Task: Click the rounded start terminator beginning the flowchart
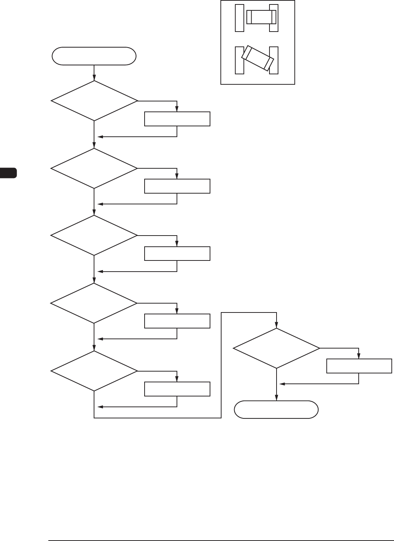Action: (94, 56)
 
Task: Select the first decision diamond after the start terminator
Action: (94, 101)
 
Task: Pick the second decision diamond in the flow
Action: (94, 168)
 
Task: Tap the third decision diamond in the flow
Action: (94, 236)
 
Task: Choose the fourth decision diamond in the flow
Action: (94, 303)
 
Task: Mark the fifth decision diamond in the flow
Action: (94, 371)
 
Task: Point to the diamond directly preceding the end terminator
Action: (276, 348)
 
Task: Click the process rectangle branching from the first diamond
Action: (177, 119)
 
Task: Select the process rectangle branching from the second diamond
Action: (177, 186)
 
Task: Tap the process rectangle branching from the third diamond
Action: (177, 254)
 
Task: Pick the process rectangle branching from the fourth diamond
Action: (177, 321)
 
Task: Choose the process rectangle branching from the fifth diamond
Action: (177, 389)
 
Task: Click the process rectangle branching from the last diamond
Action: (359, 366)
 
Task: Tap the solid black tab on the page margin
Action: (8, 173)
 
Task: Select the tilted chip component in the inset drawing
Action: (258, 58)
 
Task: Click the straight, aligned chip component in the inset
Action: (261, 17)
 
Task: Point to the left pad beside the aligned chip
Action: (239, 18)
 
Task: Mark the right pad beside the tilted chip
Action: (274, 60)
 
